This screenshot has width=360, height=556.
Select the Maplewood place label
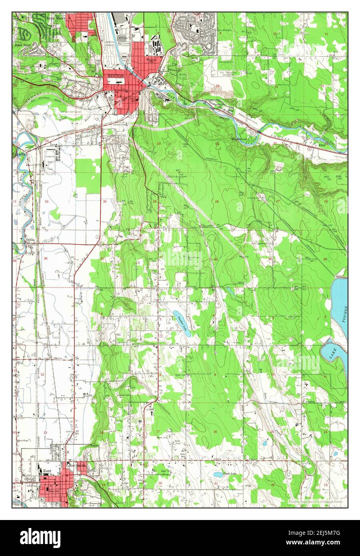239,139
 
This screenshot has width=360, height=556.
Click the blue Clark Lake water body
218,475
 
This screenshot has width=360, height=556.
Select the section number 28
217,202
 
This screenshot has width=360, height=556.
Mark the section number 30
104,202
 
